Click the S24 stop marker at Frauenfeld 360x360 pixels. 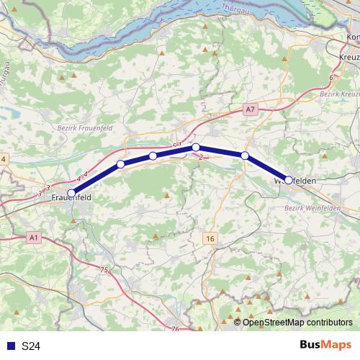point(71,192)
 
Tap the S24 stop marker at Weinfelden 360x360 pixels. point(289,180)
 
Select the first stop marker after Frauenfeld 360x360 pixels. point(121,165)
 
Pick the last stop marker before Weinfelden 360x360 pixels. point(245,156)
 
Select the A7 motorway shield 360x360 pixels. point(249,109)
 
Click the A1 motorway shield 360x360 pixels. point(35,237)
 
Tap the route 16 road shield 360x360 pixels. point(210,238)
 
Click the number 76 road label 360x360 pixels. point(176,328)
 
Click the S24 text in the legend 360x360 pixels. point(30,346)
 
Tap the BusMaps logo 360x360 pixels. point(325,346)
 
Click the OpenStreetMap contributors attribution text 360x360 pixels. point(297,322)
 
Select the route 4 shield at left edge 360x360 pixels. point(3,158)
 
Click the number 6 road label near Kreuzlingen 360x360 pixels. point(330,77)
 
